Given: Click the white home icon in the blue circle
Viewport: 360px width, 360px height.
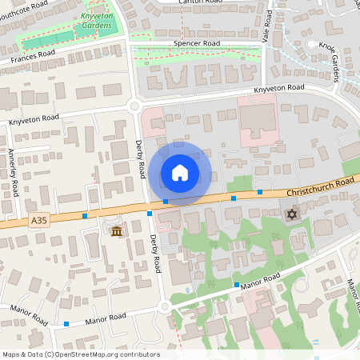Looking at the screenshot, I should pyautogui.click(x=180, y=173).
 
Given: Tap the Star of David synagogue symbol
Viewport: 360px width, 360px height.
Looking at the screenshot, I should pyautogui.click(x=291, y=215).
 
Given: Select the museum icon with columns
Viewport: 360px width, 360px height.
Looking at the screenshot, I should pyautogui.click(x=117, y=232).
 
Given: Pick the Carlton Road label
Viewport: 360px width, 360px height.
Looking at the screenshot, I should pyautogui.click(x=202, y=2).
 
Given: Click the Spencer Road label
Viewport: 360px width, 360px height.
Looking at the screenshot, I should pyautogui.click(x=195, y=45).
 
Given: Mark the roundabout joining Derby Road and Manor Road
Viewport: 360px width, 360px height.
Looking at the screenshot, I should pyautogui.click(x=164, y=306).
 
